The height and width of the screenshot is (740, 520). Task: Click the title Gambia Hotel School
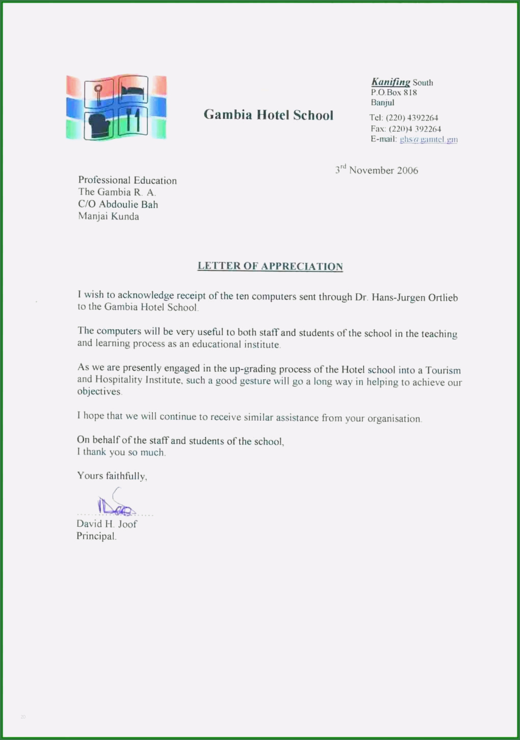tap(268, 115)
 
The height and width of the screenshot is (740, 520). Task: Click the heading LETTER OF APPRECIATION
tap(270, 266)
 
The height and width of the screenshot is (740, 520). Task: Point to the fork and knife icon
tap(133, 120)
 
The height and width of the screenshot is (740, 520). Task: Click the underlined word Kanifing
tap(391, 82)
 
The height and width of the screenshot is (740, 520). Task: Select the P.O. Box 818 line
tap(394, 92)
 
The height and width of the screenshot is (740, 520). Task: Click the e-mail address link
tap(428, 139)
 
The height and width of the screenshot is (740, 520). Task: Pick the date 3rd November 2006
tap(377, 170)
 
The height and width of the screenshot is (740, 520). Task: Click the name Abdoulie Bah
tap(128, 204)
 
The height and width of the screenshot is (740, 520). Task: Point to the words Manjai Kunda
tap(109, 216)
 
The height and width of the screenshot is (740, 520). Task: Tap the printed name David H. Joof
tap(107, 524)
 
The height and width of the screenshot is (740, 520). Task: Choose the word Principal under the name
tap(96, 536)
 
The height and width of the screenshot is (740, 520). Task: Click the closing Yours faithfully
tap(112, 476)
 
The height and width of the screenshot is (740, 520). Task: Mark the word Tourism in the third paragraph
tap(443, 370)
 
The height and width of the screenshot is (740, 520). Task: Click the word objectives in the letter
tap(99, 391)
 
